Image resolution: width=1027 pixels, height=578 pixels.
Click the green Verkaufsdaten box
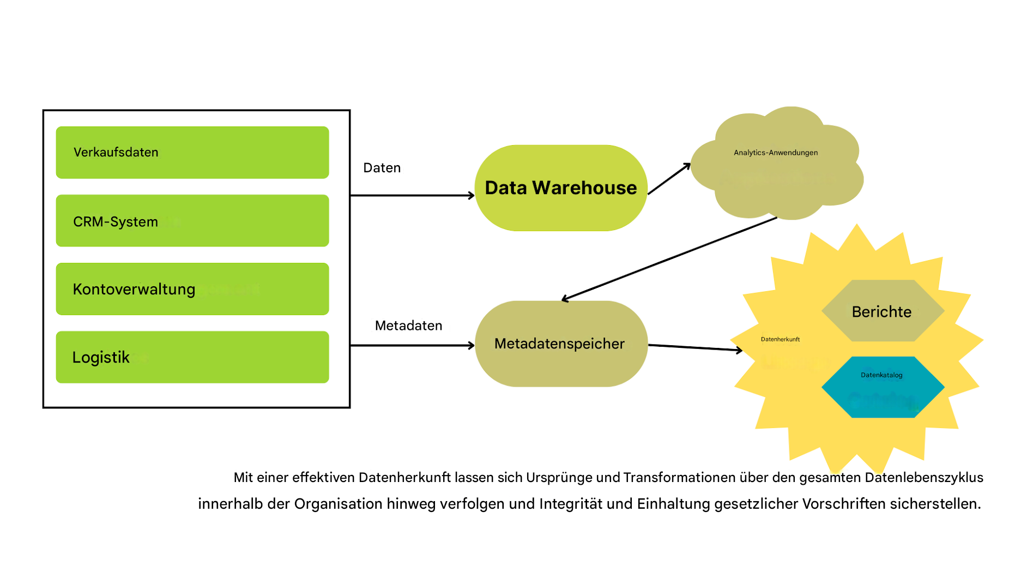coord(192,153)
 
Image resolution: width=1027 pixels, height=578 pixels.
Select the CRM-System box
coord(192,221)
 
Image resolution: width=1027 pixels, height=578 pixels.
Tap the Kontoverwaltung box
coord(192,289)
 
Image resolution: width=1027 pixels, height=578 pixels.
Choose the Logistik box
coord(192,357)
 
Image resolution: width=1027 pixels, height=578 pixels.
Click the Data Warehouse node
coord(561,188)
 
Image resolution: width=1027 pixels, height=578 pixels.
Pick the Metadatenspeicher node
coord(561,344)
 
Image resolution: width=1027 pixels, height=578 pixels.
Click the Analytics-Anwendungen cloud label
coord(776,153)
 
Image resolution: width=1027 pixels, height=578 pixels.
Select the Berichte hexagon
coord(882,311)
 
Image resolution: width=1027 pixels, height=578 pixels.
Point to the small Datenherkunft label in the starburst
coord(780,339)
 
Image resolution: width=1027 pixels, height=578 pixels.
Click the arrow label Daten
coord(382,168)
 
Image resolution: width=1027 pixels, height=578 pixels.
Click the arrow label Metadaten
coord(408,326)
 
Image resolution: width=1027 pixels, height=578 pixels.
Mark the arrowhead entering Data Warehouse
coord(472,195)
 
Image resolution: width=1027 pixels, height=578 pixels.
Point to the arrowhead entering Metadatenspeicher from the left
coord(472,345)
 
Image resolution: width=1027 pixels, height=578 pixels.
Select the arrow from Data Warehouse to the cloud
coord(669,179)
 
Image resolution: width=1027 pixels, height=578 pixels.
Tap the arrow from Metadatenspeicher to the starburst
coord(695,347)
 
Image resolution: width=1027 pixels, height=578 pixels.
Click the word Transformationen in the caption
coord(679,478)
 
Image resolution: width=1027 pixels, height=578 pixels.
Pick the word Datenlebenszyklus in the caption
coord(924,478)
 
